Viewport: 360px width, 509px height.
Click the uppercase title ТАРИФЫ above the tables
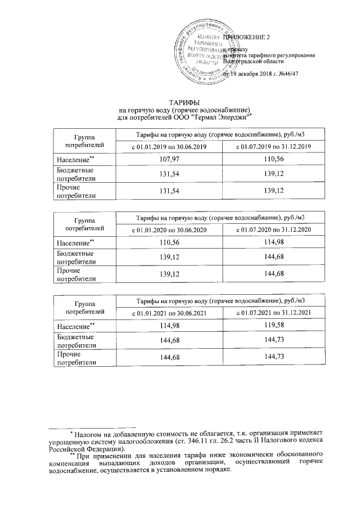pos(182,102)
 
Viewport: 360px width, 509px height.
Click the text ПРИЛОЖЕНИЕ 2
pos(248,37)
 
